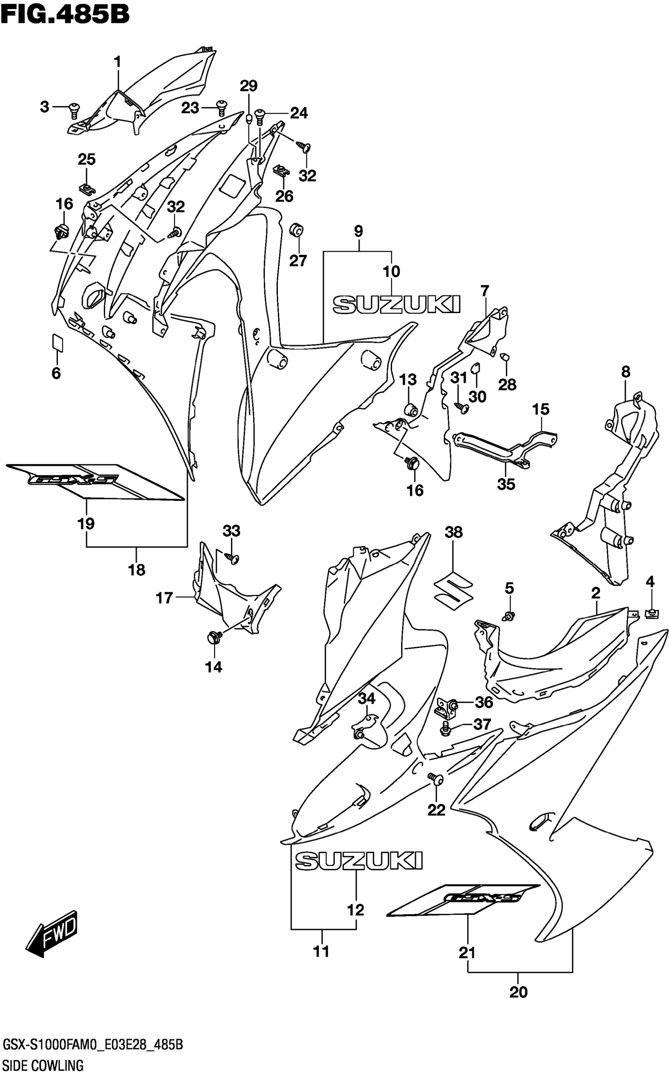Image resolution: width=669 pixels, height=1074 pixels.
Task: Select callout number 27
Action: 298,261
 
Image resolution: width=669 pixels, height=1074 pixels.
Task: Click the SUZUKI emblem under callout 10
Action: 396,305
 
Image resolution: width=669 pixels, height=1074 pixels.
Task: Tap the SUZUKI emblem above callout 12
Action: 359,861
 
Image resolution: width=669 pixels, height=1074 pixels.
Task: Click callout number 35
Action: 506,484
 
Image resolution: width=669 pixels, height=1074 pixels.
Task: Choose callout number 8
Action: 625,372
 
